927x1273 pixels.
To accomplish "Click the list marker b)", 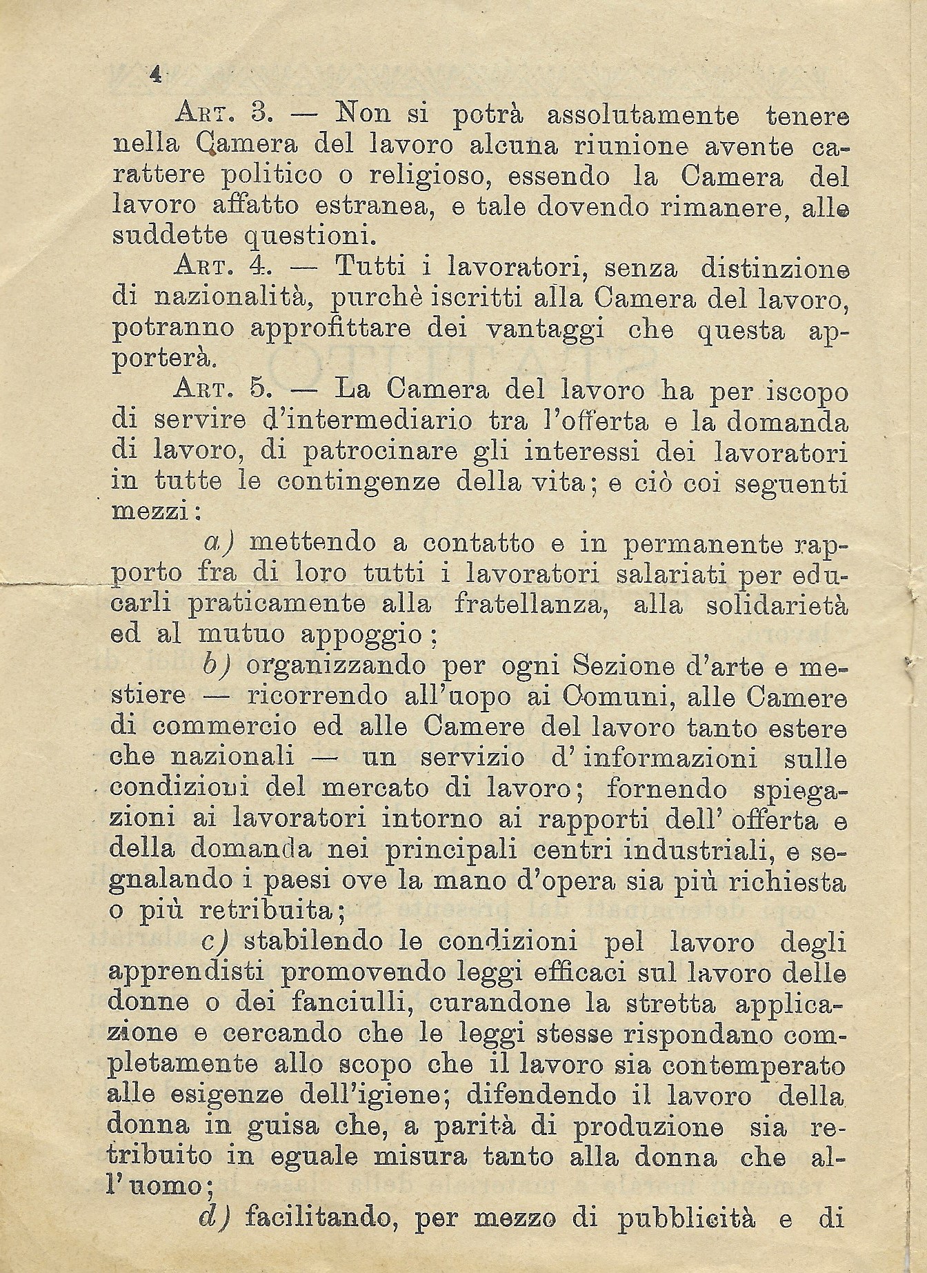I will (x=217, y=665).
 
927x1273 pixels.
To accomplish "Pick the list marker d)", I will (x=215, y=1219).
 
